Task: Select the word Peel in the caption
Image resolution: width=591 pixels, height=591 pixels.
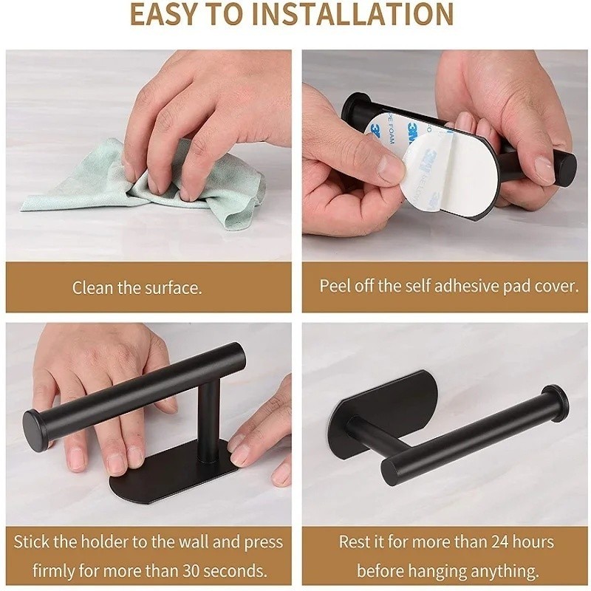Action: tap(332, 286)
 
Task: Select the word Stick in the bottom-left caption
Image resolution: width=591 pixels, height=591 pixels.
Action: tap(31, 542)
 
